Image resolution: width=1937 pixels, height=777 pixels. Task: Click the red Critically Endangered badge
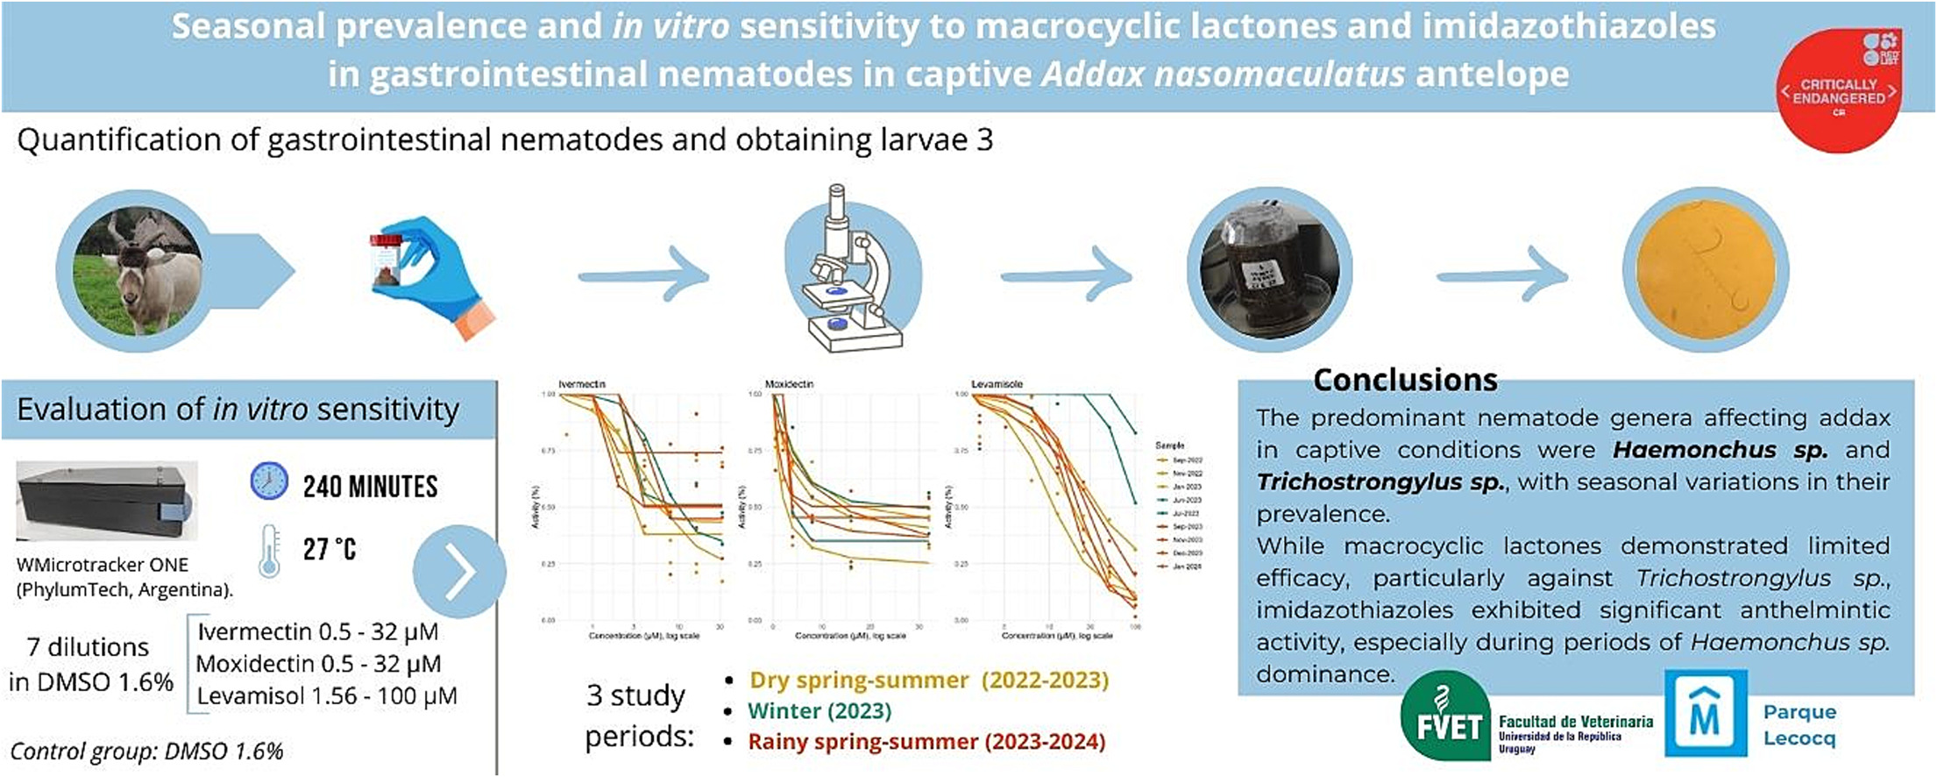[1839, 90]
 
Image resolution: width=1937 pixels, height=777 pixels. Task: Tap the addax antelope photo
[138, 270]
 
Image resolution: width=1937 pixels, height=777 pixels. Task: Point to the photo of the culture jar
[1268, 270]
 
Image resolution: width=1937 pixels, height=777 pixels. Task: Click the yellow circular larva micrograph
[1705, 270]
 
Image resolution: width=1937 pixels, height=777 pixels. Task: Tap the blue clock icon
[269, 481]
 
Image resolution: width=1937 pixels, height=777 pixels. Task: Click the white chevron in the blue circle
[459, 572]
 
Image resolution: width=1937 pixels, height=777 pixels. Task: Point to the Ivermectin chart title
[582, 384]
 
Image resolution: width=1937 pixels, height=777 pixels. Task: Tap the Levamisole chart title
[997, 384]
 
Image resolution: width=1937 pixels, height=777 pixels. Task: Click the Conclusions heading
[1405, 380]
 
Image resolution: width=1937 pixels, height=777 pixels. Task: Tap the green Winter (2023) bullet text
[819, 710]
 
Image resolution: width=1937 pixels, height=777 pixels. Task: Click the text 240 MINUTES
[370, 487]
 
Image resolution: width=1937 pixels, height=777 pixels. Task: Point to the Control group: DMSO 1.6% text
[146, 752]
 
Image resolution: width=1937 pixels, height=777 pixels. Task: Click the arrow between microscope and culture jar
[1066, 276]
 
